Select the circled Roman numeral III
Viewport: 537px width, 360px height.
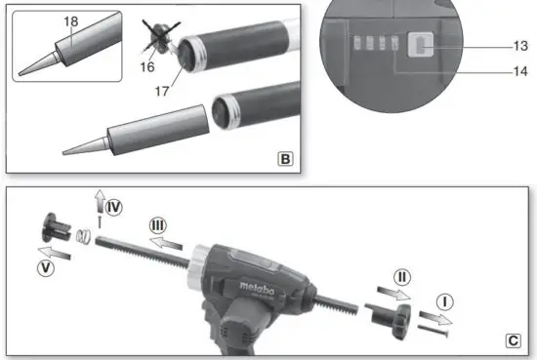coord(159,225)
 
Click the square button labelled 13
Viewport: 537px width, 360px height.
coord(422,44)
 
